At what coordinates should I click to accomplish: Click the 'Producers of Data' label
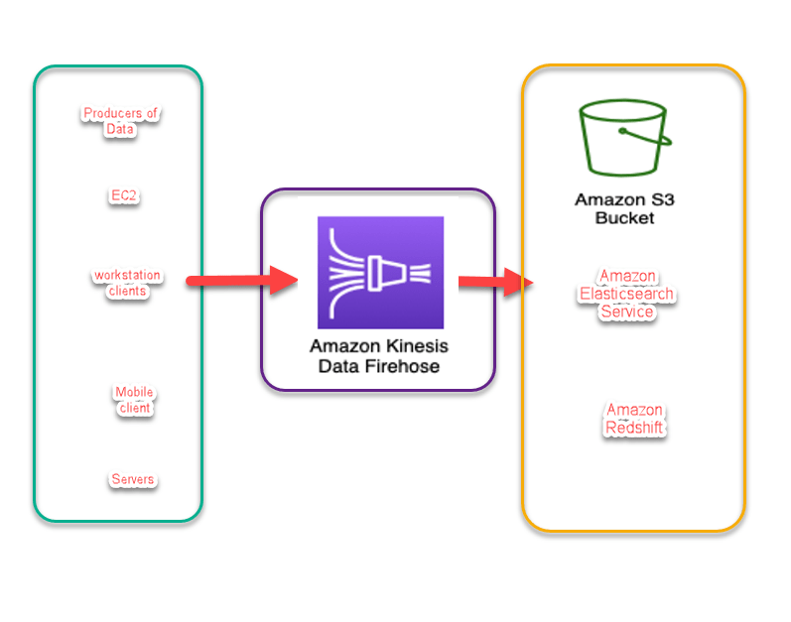point(120,121)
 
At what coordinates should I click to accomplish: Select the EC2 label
point(124,196)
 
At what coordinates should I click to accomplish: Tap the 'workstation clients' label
point(127,283)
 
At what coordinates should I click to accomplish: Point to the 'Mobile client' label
point(134,401)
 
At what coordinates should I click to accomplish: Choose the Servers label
point(132,480)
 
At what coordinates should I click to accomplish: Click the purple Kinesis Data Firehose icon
point(380,272)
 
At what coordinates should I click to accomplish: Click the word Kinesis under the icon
point(407,346)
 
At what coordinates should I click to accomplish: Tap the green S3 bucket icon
point(624,136)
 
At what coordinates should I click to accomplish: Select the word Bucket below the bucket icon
point(624,217)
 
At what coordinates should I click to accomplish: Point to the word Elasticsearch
point(626,294)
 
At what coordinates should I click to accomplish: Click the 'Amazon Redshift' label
point(634,420)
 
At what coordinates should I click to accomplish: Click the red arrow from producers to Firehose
point(241,281)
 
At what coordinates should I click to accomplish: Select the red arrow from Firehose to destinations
point(493,282)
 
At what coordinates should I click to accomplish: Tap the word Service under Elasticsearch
point(626,311)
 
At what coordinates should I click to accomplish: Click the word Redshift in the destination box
point(634,428)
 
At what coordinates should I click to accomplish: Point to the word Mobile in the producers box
point(134,393)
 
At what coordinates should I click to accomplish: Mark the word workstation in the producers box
point(127,275)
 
